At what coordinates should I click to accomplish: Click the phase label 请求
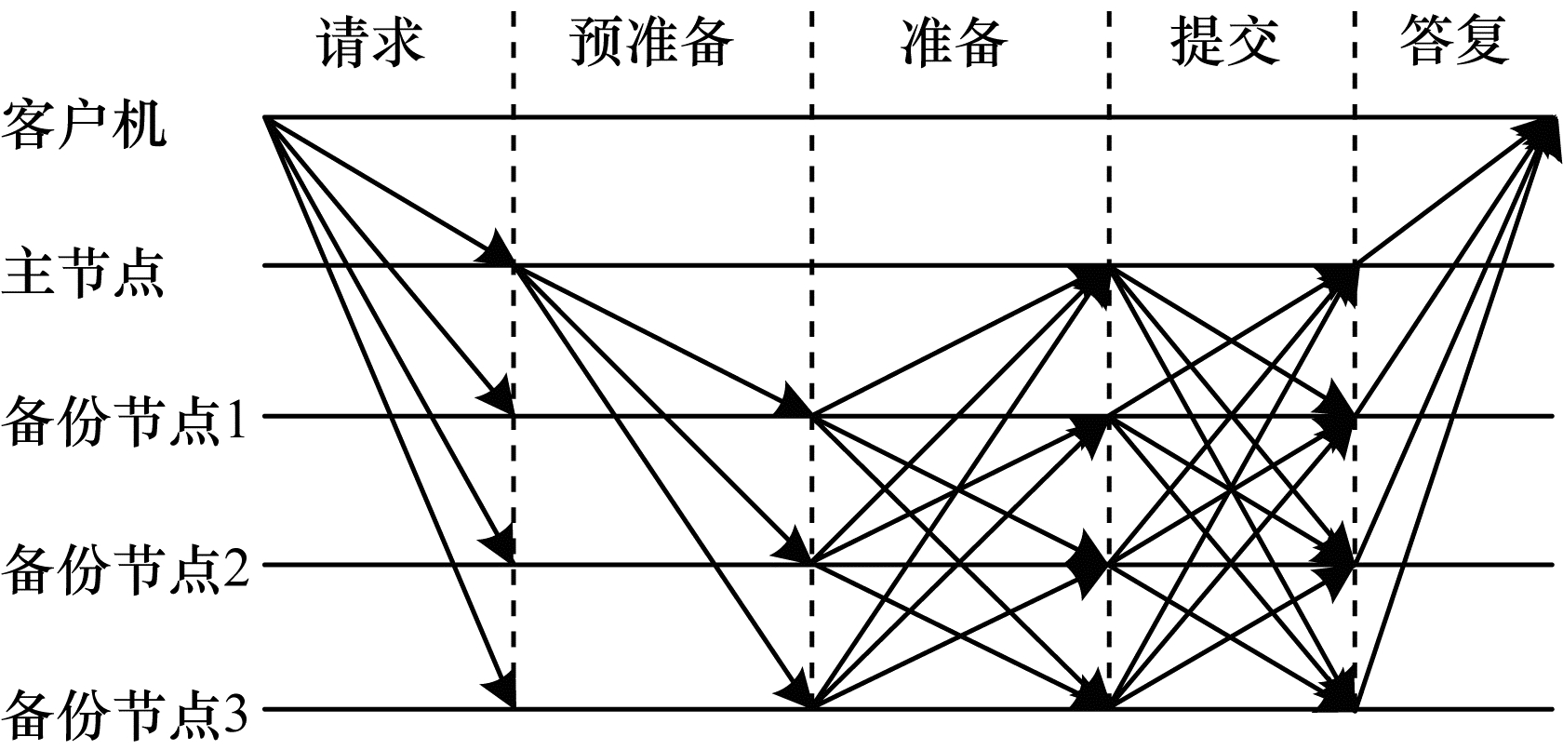click(372, 42)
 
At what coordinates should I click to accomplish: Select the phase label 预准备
click(651, 42)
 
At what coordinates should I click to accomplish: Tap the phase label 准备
click(954, 42)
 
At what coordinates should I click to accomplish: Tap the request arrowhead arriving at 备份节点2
click(499, 543)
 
